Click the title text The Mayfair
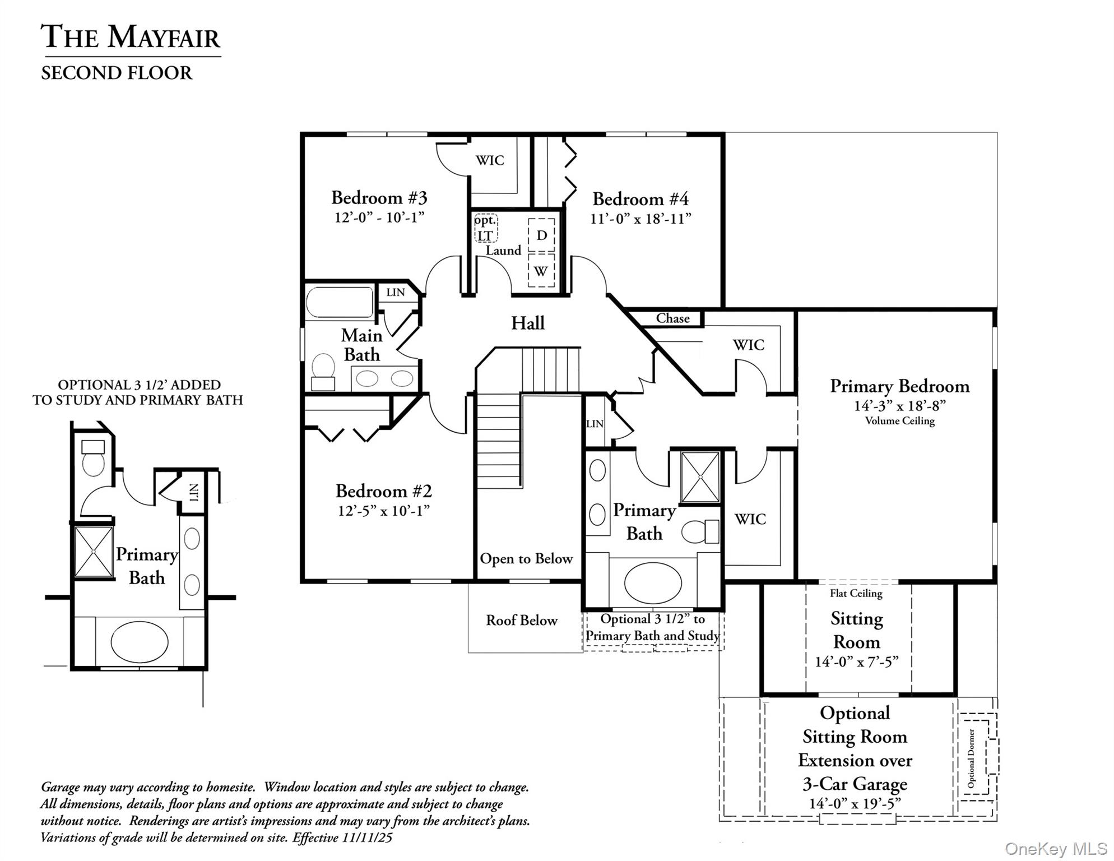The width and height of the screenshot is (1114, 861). [131, 37]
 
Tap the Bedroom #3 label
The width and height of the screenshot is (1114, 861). [379, 198]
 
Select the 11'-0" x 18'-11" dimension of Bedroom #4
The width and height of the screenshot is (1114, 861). [640, 219]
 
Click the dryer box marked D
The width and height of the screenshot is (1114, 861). [541, 235]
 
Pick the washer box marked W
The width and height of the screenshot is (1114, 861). [541, 271]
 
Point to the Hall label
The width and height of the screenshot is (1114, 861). [527, 323]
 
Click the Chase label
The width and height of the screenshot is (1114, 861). [672, 318]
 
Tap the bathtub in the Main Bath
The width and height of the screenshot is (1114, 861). [340, 303]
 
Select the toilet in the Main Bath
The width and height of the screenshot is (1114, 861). [323, 370]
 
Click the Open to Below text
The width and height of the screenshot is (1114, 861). [526, 559]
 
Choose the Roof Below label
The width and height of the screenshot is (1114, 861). [521, 621]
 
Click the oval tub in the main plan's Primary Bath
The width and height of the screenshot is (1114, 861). [652, 582]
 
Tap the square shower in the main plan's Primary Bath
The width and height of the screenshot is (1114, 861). [700, 477]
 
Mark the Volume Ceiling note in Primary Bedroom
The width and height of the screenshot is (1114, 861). [899, 421]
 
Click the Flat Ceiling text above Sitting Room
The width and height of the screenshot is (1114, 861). [856, 593]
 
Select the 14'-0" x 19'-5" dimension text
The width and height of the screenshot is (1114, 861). [854, 804]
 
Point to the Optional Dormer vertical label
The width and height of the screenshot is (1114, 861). [971, 758]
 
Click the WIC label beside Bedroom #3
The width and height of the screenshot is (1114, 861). [490, 160]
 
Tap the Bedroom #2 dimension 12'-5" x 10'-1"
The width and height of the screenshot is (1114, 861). [383, 511]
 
